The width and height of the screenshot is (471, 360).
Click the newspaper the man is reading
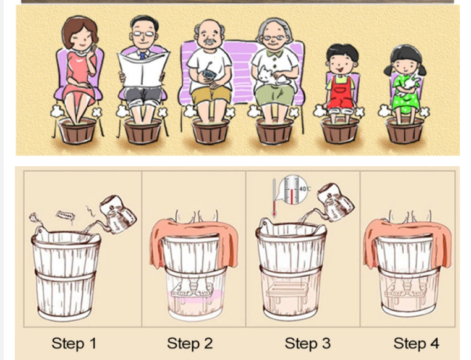pos(143,70)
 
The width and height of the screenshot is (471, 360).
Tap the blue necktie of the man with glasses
pos(143,56)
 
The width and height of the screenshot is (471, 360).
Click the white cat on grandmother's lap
pos(273,77)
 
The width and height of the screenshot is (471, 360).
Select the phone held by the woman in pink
pos(94,48)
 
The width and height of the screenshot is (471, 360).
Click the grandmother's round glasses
pos(274,38)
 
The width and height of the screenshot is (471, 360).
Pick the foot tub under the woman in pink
pos(77,130)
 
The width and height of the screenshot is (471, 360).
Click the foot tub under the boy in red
pos(340,130)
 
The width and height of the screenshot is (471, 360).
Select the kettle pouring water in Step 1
pos(117,215)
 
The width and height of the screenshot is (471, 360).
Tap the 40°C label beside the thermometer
pos(305,189)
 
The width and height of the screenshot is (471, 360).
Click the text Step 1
pos(74,343)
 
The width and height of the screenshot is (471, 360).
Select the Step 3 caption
pos(308,343)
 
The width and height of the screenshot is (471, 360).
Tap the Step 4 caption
pos(417,343)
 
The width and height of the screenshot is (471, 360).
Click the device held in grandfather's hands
pos(207,74)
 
